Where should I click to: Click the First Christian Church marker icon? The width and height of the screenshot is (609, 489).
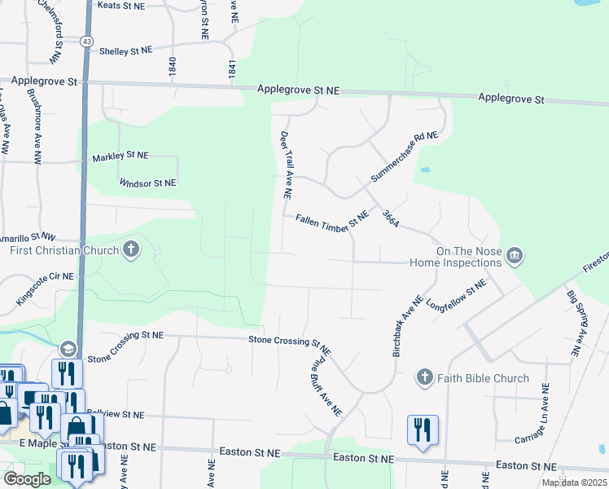click(131, 249)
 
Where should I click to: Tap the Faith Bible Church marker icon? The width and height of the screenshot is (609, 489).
click(424, 377)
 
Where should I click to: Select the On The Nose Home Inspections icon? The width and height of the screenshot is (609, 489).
click(515, 257)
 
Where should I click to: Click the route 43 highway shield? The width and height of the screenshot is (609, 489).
click(86, 41)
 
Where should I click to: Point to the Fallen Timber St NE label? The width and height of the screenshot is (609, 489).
click(332, 219)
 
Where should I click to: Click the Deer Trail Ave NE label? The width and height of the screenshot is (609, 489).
click(286, 165)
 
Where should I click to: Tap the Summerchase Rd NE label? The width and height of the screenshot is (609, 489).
click(404, 156)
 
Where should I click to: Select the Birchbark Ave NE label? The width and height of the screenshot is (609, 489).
click(408, 326)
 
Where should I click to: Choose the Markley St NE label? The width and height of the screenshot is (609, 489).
click(120, 155)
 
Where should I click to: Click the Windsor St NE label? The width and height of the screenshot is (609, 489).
click(147, 183)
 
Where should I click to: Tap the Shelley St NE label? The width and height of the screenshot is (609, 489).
click(125, 51)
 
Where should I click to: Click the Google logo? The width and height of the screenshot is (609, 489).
click(27, 479)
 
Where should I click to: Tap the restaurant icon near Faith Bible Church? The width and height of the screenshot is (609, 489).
click(423, 430)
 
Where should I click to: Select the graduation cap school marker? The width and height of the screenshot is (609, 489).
click(68, 349)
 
